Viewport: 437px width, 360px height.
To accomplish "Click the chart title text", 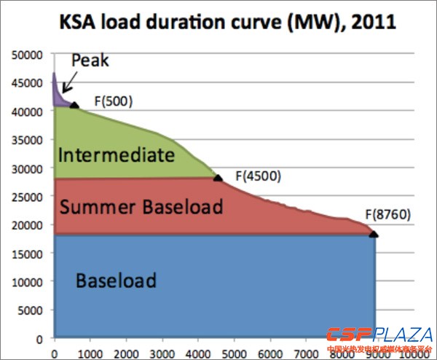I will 219,21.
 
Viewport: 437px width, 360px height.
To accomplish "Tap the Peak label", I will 90,60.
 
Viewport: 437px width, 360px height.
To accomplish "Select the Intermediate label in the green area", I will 116,155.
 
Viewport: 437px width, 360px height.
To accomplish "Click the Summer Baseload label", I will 141,207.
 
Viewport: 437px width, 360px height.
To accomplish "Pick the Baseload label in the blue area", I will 117,280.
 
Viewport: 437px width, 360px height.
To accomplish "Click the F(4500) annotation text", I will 257,176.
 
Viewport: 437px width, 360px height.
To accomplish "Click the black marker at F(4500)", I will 217,177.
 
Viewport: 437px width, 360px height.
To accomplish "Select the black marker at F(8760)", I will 374,234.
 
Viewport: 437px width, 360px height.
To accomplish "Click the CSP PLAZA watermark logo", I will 378,338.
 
